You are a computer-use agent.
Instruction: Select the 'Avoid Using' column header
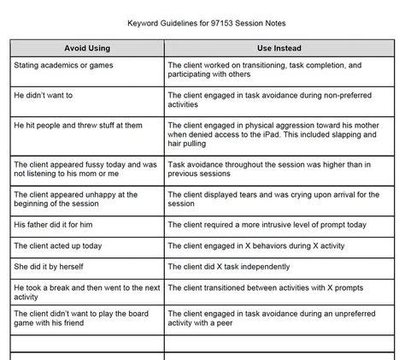coord(88,48)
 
